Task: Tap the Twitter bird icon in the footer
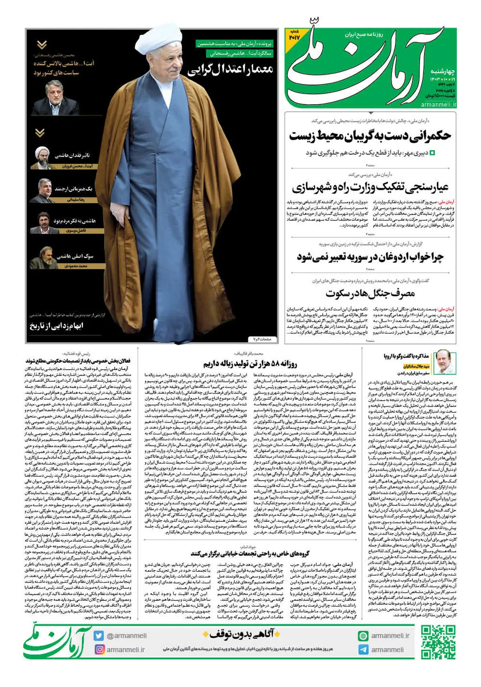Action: tap(99, 636)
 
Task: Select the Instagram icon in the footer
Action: tap(99, 649)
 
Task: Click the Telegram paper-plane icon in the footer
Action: tap(363, 650)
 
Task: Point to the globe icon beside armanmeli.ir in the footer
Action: tap(363, 636)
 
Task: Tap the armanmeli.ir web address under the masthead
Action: tap(439, 105)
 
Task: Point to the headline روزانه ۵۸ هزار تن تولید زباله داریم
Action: tap(250, 364)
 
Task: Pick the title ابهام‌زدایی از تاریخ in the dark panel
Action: tap(57, 326)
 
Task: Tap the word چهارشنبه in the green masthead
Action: tap(443, 71)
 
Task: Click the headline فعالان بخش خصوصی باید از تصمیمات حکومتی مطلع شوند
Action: tap(78, 361)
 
